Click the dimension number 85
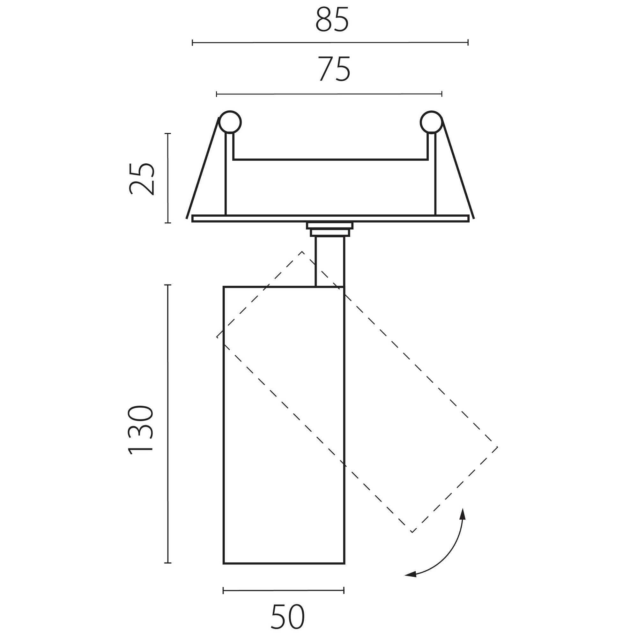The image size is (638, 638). click(332, 20)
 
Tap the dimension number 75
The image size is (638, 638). click(334, 69)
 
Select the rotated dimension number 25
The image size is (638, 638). click(142, 179)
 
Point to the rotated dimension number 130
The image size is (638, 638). click(141, 430)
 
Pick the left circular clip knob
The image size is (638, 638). click(230, 122)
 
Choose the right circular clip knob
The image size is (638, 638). click(431, 122)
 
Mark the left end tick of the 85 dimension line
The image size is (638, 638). click(193, 43)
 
